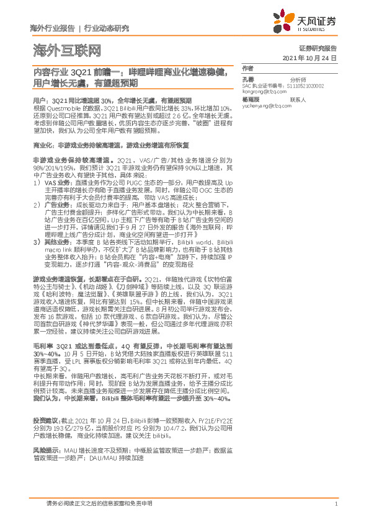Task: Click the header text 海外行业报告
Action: tap(52, 29)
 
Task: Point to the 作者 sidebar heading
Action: tap(247, 68)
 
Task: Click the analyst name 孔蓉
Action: tap(248, 79)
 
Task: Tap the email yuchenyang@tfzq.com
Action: tap(267, 105)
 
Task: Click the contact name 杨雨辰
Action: tap(251, 99)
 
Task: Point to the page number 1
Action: tap(335, 504)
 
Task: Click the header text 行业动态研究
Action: tap(107, 29)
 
